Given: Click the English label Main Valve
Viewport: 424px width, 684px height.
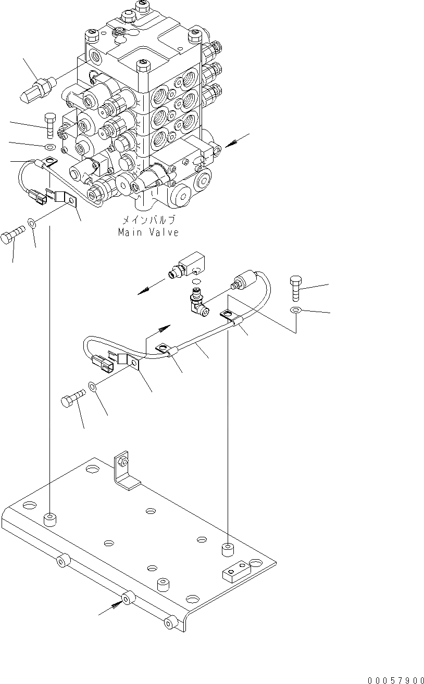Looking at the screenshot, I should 148,233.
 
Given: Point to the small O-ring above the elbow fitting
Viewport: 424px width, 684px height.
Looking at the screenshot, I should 196,281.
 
